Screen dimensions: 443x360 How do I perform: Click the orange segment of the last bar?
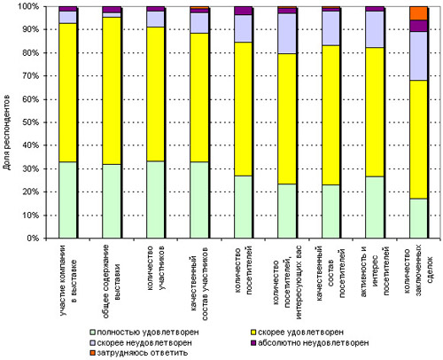418,13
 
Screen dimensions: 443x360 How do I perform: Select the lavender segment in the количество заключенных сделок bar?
418,56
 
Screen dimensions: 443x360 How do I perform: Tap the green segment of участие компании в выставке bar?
67,200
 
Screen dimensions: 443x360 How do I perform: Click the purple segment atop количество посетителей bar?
243,11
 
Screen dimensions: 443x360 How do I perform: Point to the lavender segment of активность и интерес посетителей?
375,29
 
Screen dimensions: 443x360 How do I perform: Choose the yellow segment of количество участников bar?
155,94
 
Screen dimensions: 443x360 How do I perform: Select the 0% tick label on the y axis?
32,239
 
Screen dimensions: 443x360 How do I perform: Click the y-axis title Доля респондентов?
7,132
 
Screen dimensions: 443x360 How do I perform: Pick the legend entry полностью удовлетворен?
144,332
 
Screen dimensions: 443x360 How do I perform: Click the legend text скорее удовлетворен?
301,332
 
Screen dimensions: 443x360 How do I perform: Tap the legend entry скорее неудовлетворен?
141,343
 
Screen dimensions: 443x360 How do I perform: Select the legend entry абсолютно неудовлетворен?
309,343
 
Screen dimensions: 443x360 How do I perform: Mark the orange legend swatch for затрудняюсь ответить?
93,353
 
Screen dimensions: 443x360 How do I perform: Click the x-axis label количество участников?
155,268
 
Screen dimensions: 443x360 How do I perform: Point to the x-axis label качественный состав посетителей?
330,273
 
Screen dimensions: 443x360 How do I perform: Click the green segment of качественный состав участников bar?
199,200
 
